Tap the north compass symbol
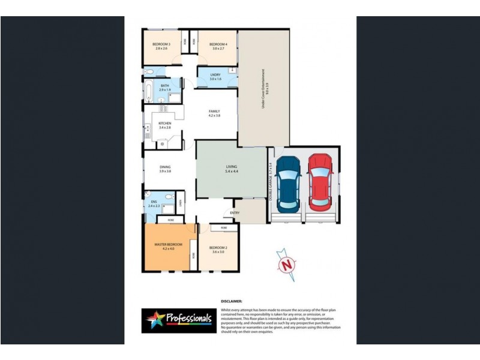coord(289,263)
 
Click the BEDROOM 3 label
coord(161,44)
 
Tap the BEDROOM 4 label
coord(218,44)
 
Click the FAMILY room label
coord(214,112)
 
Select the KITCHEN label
coord(165,124)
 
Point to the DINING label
coord(165,167)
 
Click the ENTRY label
coord(235,212)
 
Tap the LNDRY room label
coord(215,76)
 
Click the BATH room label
coord(165,86)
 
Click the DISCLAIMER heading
coord(232,301)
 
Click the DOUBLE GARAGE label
coord(271,182)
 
